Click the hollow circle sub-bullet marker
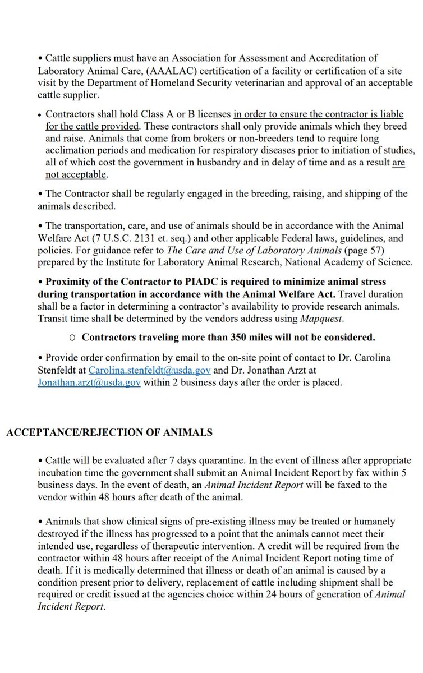(71, 338)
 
